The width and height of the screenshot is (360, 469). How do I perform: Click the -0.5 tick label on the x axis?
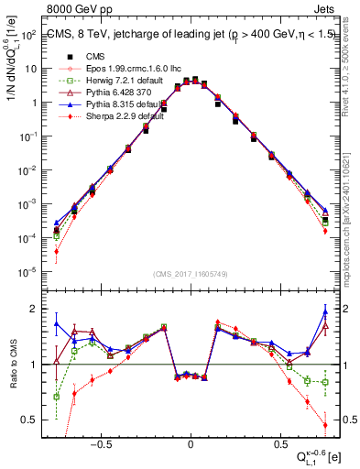(x=103, y=442)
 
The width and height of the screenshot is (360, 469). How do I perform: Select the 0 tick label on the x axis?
(x=191, y=442)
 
